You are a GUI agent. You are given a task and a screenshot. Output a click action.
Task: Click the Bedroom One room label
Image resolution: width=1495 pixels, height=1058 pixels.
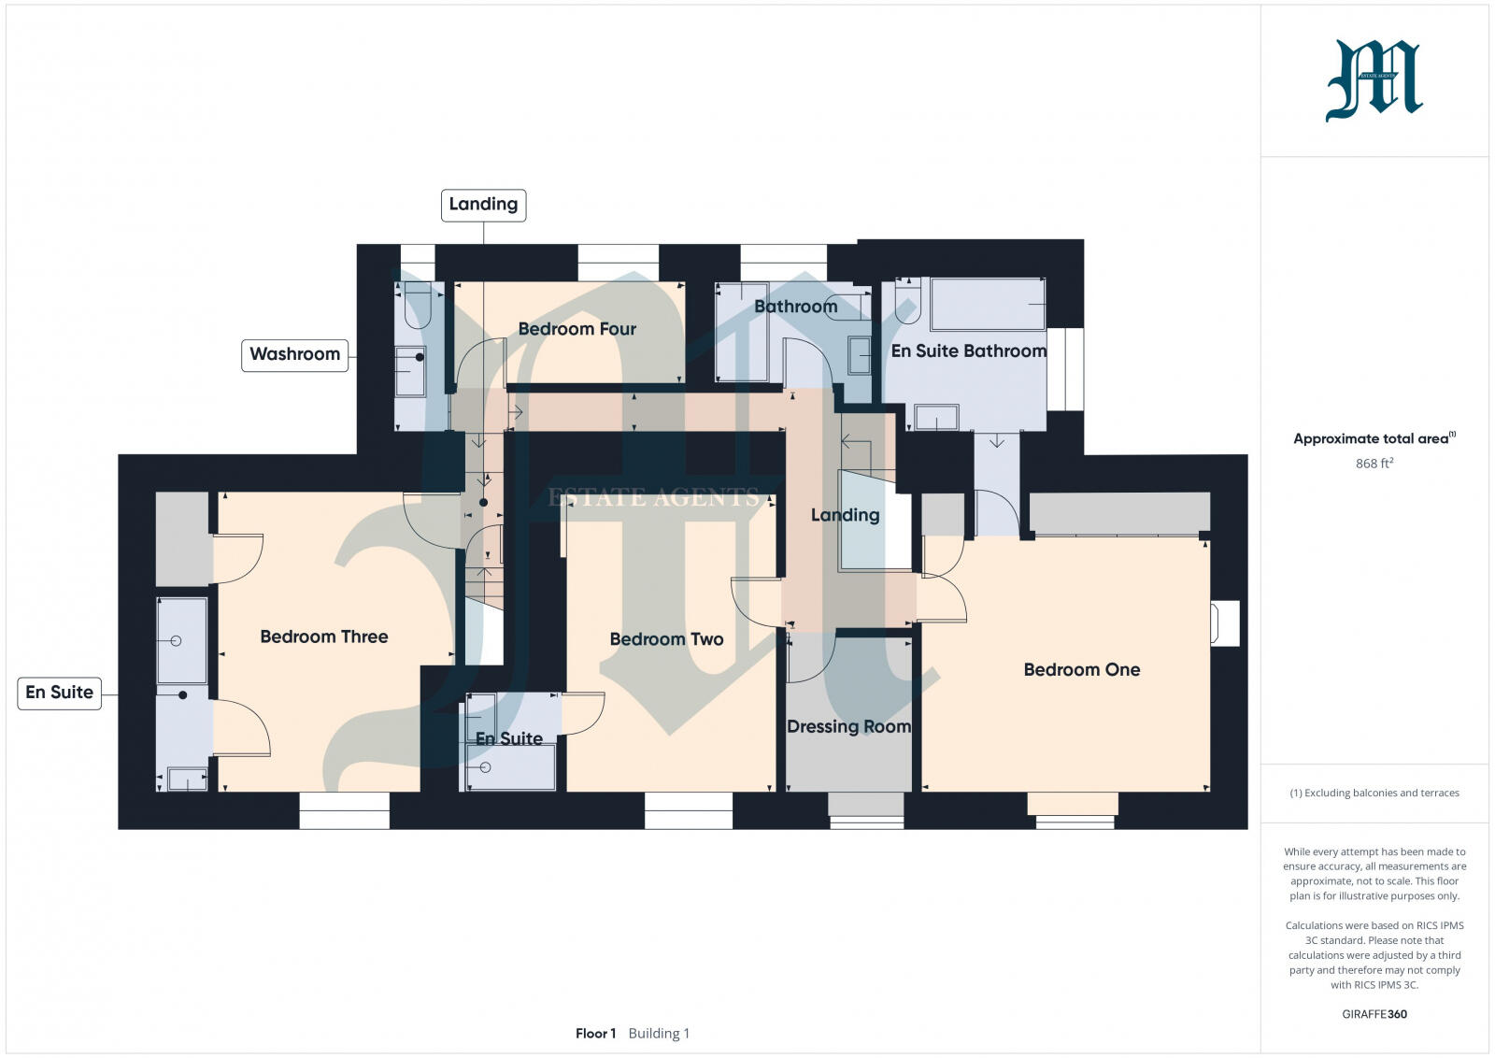(1081, 669)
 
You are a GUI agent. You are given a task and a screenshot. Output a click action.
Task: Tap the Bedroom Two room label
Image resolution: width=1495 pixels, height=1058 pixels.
(666, 639)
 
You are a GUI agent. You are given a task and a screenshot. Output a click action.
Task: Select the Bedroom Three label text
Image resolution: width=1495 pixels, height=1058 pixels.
(323, 636)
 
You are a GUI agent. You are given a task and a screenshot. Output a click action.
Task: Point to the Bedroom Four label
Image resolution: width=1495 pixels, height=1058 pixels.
(577, 329)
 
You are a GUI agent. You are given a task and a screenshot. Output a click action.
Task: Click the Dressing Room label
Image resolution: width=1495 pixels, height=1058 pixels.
(848, 726)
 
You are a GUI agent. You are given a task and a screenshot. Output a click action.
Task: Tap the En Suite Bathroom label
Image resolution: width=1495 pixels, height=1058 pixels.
(968, 350)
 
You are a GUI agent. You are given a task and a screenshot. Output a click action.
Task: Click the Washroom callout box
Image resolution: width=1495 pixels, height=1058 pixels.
(294, 354)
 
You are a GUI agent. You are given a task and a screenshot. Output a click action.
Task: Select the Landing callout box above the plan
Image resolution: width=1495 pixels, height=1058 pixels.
(483, 204)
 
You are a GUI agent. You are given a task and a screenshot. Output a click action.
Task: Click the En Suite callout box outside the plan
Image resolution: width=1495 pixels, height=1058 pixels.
(59, 693)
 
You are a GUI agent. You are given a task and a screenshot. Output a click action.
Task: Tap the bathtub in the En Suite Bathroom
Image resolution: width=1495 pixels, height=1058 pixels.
(988, 304)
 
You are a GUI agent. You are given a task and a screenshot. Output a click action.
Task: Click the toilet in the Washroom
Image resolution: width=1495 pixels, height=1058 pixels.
(417, 305)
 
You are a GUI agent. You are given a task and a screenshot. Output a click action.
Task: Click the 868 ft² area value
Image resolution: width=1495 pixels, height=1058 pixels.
(1374, 464)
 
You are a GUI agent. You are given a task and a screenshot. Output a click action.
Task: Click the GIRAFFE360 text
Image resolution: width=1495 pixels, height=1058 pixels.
(1374, 1014)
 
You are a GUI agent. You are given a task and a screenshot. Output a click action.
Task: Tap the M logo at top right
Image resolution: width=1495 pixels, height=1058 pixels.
(1374, 80)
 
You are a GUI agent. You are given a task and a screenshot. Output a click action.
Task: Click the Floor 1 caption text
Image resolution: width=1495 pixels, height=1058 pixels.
(595, 1033)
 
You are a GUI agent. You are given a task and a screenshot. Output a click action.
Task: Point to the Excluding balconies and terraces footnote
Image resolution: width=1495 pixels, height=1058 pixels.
(1374, 793)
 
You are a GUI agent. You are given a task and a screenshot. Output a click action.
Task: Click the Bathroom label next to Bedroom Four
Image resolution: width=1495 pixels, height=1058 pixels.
(795, 307)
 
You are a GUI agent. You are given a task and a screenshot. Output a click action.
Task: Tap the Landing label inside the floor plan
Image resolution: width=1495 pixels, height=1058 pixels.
(845, 515)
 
